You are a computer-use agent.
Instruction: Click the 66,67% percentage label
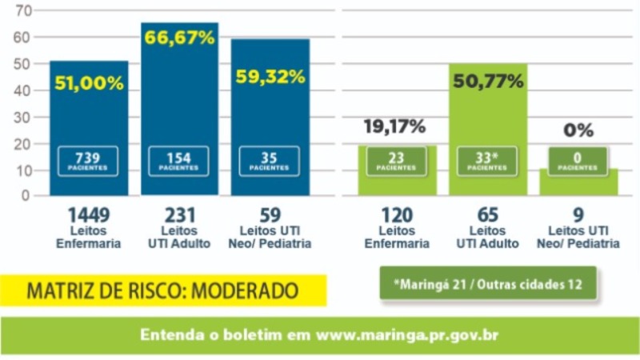[179, 38]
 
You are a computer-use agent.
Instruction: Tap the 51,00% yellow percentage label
[89, 83]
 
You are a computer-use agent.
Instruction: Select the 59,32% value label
[270, 77]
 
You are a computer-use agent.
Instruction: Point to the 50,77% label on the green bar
[488, 82]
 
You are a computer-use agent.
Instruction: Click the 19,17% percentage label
[394, 126]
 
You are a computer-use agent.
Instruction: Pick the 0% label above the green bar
[578, 130]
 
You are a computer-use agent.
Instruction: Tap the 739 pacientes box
[88, 162]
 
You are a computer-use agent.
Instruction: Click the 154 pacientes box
[178, 162]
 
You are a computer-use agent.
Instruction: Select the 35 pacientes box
[270, 162]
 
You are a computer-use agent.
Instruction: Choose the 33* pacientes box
[487, 162]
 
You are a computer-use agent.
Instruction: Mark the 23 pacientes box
[396, 162]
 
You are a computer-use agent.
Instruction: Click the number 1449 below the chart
[89, 215]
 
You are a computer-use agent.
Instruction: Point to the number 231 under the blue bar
[179, 215]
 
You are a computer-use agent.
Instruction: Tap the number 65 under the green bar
[488, 215]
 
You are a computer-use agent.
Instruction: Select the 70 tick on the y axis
[23, 11]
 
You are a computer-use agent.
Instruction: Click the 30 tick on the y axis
[23, 118]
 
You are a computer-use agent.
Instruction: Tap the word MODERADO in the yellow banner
[245, 291]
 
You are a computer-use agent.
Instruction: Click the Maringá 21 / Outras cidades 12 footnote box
[488, 284]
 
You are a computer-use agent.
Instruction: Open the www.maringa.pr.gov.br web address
[407, 335]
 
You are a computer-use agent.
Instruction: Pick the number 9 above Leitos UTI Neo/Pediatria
[578, 215]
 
